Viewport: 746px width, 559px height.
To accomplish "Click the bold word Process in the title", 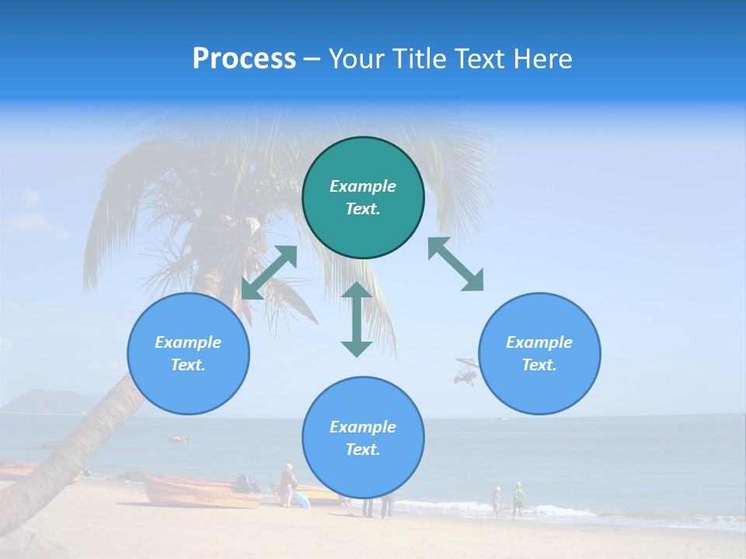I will [244, 59].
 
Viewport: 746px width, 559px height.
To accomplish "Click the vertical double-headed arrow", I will [357, 319].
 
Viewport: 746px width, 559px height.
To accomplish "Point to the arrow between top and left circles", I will [269, 273].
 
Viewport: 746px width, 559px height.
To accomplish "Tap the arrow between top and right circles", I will [455, 264].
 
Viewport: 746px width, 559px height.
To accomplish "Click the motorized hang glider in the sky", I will [465, 371].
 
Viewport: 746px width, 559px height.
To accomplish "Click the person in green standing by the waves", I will [518, 499].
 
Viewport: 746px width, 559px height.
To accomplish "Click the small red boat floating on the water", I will [179, 439].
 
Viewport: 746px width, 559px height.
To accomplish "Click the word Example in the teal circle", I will [363, 186].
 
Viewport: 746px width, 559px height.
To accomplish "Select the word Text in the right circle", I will [539, 365].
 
